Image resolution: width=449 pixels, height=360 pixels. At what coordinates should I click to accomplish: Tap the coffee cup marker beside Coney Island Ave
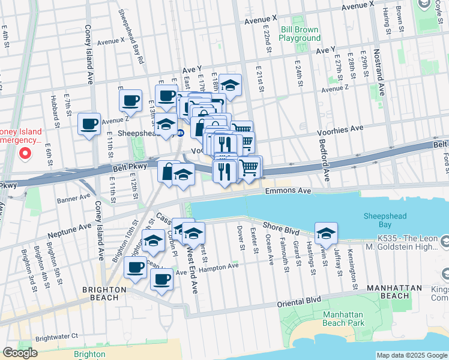click(x=89, y=125)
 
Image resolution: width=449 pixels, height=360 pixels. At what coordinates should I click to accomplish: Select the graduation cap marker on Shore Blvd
click(x=325, y=233)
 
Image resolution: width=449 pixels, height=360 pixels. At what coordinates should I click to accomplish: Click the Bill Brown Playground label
click(x=300, y=33)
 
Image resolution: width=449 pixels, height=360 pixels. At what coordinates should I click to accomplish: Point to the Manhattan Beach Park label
click(x=343, y=319)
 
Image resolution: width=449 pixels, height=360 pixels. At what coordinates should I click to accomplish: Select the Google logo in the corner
click(x=20, y=353)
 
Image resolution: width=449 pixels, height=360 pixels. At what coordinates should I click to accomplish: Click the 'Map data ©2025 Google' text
click(x=412, y=355)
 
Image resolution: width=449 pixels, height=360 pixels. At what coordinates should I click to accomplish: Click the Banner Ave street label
click(x=73, y=199)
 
